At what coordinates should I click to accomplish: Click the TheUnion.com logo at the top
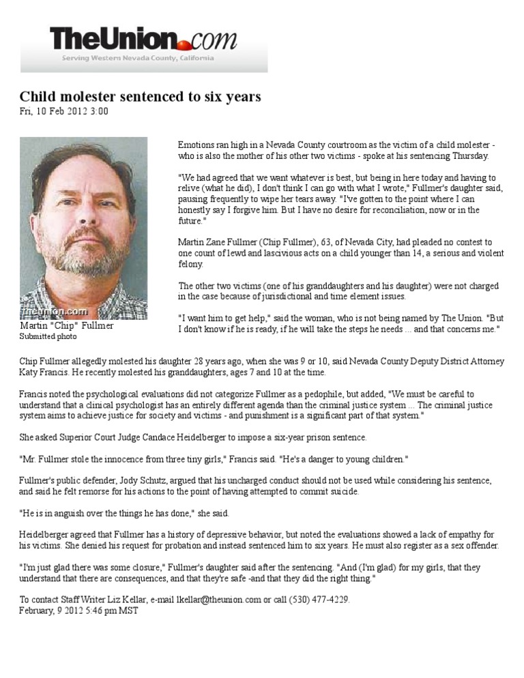tap(143, 40)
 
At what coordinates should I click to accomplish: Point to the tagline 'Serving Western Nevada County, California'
tap(138, 58)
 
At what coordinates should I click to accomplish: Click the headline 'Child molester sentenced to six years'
tap(140, 97)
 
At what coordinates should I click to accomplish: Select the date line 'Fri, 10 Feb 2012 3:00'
tap(63, 111)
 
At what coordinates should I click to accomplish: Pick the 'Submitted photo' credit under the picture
tap(48, 337)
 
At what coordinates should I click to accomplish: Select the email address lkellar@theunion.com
tap(208, 600)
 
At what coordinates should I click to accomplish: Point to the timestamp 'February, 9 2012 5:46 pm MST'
tap(78, 610)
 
